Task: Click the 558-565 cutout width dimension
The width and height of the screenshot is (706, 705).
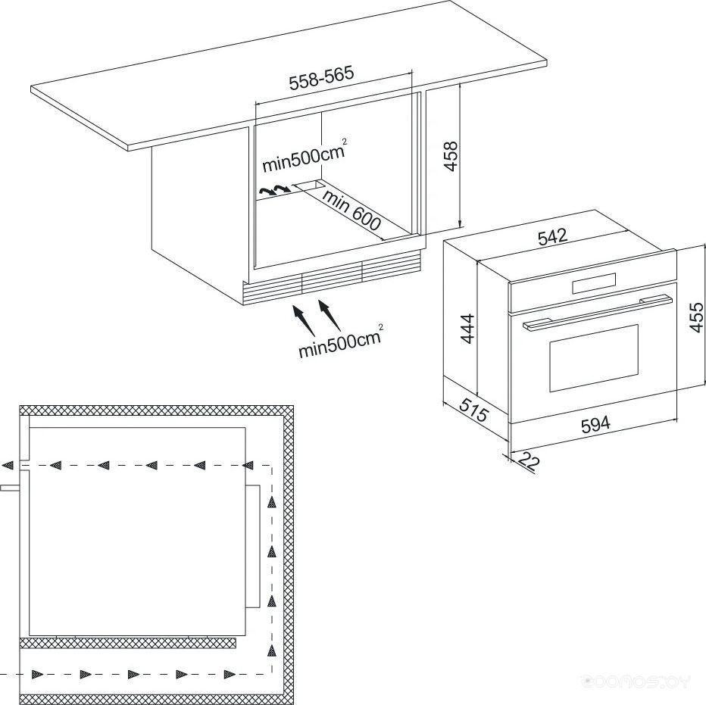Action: (x=321, y=78)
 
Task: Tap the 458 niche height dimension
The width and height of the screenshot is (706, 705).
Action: (x=450, y=156)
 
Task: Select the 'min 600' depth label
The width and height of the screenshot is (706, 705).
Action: (x=351, y=210)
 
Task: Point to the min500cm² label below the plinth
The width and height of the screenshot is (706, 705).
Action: (x=340, y=341)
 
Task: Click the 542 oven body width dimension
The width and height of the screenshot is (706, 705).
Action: (x=553, y=236)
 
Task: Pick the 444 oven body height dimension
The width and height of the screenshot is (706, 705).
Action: (x=468, y=329)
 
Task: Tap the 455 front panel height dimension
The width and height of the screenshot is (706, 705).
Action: (x=695, y=317)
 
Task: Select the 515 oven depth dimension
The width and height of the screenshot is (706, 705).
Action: (x=473, y=408)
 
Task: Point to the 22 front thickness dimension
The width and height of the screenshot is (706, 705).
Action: (x=528, y=461)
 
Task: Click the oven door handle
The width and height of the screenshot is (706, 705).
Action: (x=598, y=312)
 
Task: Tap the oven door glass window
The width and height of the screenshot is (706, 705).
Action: (x=594, y=358)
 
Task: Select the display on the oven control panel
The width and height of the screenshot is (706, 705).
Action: (x=593, y=284)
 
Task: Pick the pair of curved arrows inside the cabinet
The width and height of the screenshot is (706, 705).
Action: (x=273, y=189)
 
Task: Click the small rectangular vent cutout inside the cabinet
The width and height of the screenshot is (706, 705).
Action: (x=309, y=184)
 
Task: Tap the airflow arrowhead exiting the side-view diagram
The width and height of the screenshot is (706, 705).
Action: (x=7, y=465)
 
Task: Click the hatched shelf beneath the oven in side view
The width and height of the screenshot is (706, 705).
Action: (x=128, y=643)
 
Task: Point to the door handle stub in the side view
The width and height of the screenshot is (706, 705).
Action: (x=10, y=488)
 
